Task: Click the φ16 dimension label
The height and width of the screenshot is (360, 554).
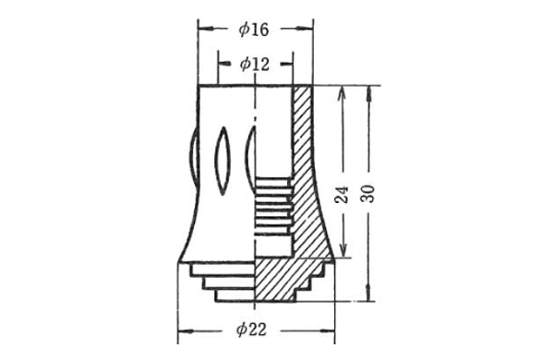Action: pos(254,30)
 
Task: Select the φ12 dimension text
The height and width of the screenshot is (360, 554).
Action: pos(255,64)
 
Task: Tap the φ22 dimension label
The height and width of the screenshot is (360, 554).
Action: pos(251,330)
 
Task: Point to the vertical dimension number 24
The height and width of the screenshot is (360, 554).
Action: pos(342,195)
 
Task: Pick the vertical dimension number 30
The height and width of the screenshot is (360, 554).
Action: pos(368,193)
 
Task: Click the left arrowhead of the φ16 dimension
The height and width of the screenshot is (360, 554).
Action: pos(206,29)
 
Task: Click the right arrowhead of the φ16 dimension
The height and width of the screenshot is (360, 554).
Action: pos(305,29)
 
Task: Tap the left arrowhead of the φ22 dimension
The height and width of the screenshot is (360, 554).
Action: pos(186,331)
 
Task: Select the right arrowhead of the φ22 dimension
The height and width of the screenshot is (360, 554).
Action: pos(327,331)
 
